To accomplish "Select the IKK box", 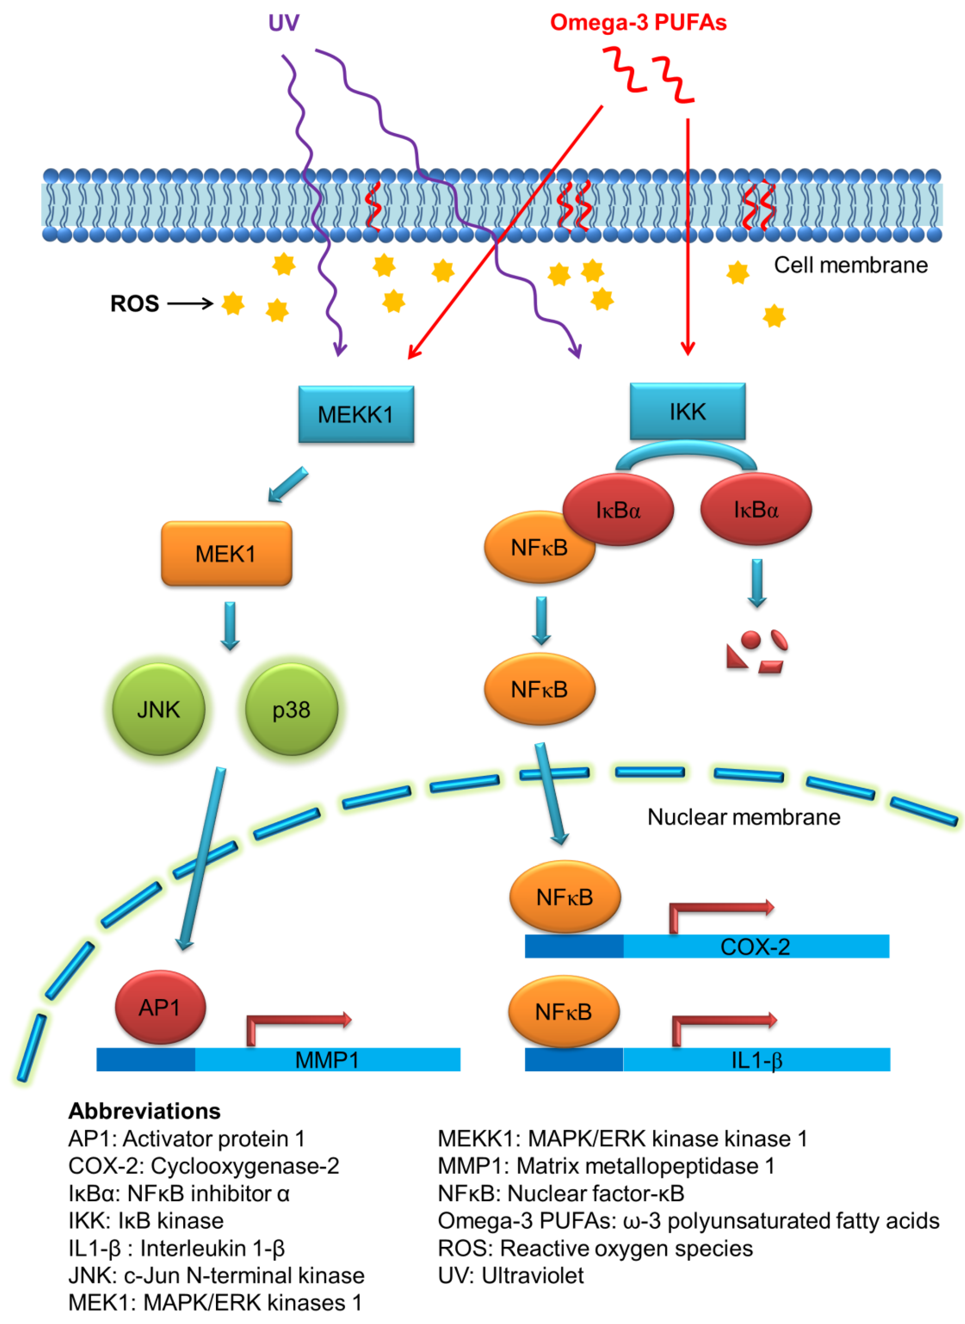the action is pos(688,411).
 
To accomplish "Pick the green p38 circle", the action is pos(292,709).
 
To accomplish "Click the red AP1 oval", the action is pos(160,1007).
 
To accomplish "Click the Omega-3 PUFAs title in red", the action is pos(638,22).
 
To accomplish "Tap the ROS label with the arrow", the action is pos(162,303).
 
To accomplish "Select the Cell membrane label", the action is pos(851,265).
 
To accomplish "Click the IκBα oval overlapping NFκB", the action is pos(618,509).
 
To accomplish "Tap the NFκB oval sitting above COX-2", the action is pos(565,897).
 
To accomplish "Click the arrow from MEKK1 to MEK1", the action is pos(288,484).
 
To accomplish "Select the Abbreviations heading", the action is pos(144,1111).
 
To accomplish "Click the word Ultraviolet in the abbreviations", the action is pos(533,1275).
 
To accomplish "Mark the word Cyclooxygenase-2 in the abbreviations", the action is pos(245,1166).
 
